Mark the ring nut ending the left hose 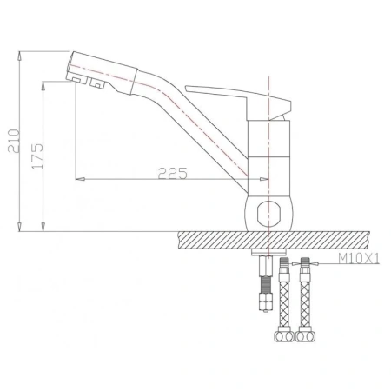[x=284, y=334]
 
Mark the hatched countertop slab [x=226, y=240]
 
